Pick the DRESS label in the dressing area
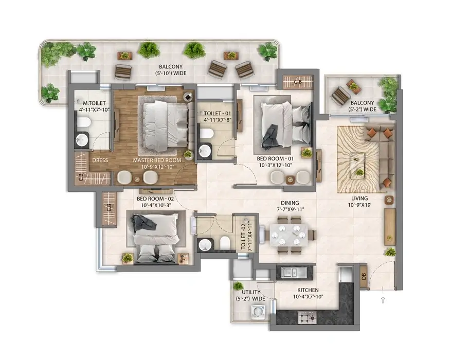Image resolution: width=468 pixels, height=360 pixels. tap(100, 160)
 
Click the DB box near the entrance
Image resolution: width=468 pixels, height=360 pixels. tap(363, 274)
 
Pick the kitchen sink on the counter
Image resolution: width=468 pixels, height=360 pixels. tap(291, 271)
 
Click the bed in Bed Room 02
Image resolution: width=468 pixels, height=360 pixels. tap(153, 235)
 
